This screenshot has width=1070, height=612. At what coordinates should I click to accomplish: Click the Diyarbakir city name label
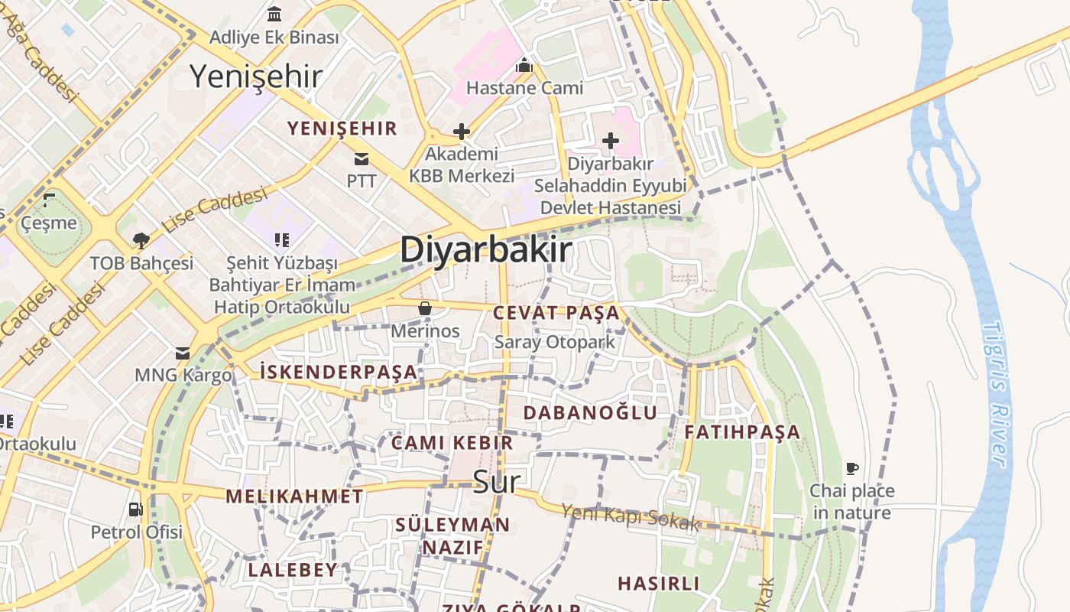(485, 250)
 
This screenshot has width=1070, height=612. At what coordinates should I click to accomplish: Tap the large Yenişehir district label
(255, 76)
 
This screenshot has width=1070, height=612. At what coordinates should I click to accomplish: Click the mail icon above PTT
(361, 159)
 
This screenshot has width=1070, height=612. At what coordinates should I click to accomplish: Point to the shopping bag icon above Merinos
(425, 308)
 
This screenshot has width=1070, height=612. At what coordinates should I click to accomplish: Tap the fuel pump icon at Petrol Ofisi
(136, 509)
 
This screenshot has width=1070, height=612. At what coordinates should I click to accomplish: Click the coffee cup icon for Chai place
(852, 468)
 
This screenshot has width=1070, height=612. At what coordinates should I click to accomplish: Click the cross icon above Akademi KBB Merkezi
(461, 132)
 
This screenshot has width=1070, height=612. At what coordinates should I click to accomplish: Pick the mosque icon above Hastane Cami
(524, 66)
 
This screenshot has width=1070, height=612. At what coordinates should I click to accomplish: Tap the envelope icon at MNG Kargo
(183, 353)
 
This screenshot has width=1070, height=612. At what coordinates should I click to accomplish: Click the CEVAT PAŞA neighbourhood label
(556, 313)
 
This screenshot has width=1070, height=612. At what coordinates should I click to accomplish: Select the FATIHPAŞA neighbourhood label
(741, 432)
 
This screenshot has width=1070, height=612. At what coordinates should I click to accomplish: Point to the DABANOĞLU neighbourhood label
(590, 412)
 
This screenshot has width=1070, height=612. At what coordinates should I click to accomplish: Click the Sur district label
(497, 482)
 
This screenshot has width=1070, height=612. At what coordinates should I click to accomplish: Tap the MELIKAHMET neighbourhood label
(294, 496)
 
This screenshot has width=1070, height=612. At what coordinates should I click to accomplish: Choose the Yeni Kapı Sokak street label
(631, 518)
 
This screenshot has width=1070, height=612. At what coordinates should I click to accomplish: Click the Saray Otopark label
(555, 342)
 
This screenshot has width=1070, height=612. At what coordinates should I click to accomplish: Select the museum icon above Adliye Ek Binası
(274, 14)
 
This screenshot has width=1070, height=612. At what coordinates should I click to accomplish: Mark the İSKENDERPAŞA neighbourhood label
(339, 373)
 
